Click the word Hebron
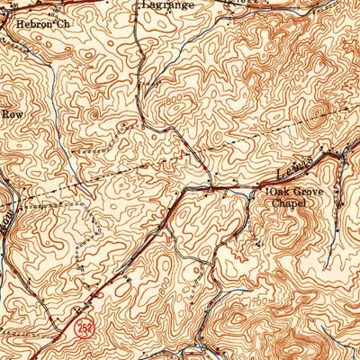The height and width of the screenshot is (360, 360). tap(33, 23)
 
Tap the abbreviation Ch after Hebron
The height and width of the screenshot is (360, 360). tap(62, 23)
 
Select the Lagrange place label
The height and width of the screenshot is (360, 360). tap(166, 4)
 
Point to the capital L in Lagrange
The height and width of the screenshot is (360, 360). tap(147, 4)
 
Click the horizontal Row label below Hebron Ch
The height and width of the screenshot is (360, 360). tap(11, 114)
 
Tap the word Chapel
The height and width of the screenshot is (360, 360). tap(290, 203)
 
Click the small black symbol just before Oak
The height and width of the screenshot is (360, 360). tap(265, 191)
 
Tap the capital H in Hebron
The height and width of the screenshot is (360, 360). tap(19, 23)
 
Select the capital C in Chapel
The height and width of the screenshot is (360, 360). tap(274, 203)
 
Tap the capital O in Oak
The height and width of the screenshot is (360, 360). tap(270, 192)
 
